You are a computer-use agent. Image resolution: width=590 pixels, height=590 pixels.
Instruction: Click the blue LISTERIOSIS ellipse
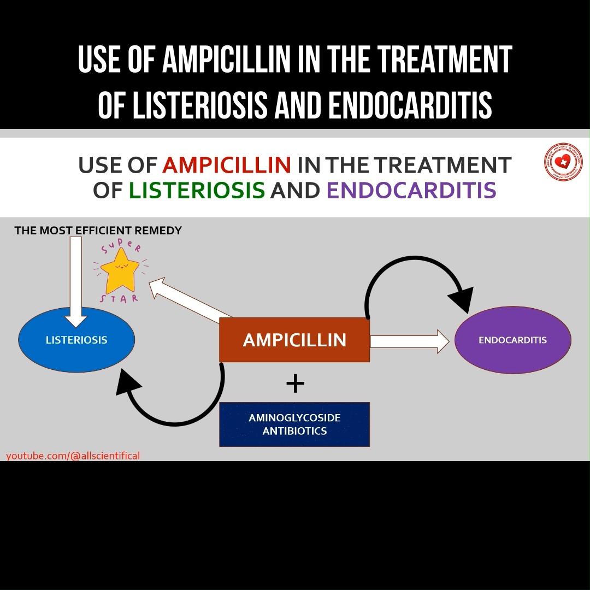click(x=76, y=340)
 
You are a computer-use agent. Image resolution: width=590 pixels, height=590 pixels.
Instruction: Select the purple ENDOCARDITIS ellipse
click(x=512, y=340)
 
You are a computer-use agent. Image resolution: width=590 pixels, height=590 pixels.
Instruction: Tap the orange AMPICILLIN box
click(x=294, y=340)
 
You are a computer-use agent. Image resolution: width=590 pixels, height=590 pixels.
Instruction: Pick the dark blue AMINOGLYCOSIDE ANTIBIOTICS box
click(x=294, y=424)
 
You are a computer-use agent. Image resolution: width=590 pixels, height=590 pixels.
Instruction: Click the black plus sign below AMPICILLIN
click(x=295, y=383)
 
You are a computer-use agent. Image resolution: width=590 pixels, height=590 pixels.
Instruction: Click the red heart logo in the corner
click(x=563, y=162)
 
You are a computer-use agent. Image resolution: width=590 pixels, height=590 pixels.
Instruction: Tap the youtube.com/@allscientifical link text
click(x=73, y=456)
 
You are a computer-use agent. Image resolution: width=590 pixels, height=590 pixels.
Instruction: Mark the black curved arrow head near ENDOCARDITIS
click(x=462, y=300)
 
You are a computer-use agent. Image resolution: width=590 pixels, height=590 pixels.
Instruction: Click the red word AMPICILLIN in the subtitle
click(x=227, y=164)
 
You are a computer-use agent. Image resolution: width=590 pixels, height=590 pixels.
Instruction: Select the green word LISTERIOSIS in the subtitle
click(x=197, y=191)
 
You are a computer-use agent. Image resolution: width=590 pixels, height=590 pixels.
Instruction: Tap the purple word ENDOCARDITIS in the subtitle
click(x=411, y=191)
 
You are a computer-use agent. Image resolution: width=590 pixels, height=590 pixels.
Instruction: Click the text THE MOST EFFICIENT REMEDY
click(x=98, y=231)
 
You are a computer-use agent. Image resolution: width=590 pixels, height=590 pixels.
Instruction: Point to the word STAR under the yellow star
click(x=119, y=299)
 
